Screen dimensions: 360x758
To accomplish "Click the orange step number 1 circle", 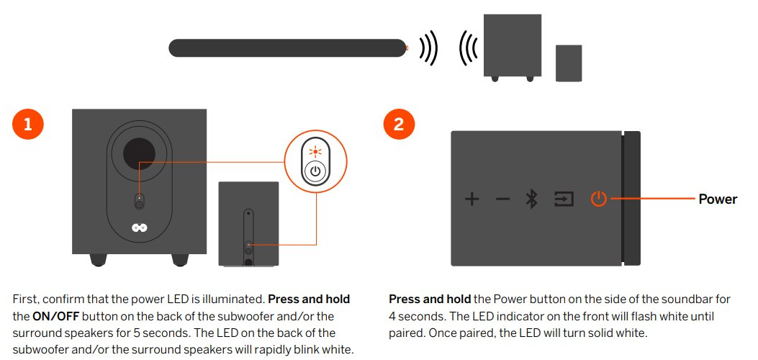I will pyautogui.click(x=28, y=124).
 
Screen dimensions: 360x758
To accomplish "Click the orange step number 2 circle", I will pyautogui.click(x=399, y=124).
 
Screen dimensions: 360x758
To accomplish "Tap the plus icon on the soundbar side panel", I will pyautogui.click(x=472, y=199).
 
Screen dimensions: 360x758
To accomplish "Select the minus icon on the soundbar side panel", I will pyautogui.click(x=502, y=199).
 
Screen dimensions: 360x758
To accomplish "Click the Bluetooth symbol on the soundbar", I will pyautogui.click(x=532, y=199).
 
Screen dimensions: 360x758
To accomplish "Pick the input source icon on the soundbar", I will pyautogui.click(x=564, y=199).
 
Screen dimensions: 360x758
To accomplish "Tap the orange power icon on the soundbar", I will pyautogui.click(x=599, y=199).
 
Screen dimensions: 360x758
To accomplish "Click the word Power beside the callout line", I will pyautogui.click(x=718, y=199).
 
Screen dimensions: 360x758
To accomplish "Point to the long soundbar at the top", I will pyautogui.click(x=287, y=48).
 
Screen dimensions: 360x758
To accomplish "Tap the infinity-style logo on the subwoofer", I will pyautogui.click(x=139, y=228).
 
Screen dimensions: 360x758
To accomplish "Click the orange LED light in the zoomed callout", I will pyautogui.click(x=314, y=151).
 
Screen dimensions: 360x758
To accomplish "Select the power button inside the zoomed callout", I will pyautogui.click(x=315, y=172).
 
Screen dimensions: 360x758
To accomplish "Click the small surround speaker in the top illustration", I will pyautogui.click(x=569, y=63).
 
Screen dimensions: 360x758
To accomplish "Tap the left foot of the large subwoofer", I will pyautogui.click(x=99, y=259).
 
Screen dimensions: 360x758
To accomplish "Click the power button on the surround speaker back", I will pyautogui.click(x=248, y=246).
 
